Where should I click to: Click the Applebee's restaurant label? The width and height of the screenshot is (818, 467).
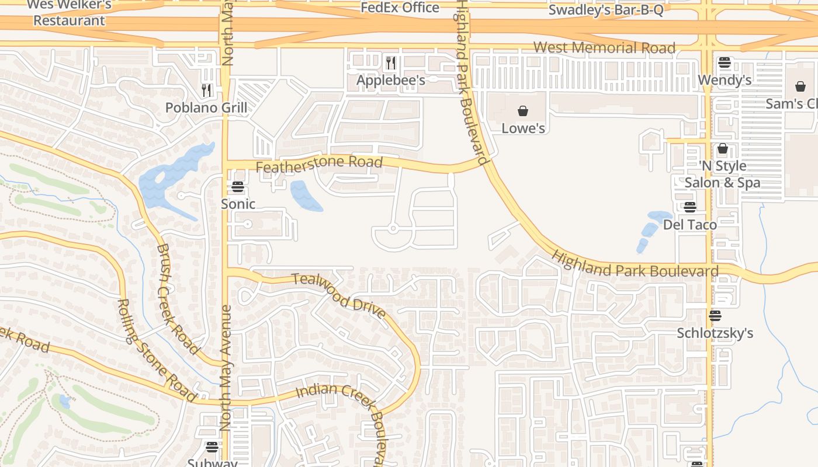point(390,80)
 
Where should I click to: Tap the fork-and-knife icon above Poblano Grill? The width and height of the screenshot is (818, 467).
point(206,90)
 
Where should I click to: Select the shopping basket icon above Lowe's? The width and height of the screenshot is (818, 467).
point(523,111)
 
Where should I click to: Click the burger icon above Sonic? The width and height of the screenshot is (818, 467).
point(237,187)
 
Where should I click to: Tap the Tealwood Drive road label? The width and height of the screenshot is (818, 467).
point(339,295)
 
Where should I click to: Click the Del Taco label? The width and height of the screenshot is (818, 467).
point(689,224)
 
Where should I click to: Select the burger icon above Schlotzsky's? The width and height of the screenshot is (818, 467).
point(715,316)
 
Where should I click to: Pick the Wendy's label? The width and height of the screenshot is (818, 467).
point(725,80)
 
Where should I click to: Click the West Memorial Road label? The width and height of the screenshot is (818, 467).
point(604,48)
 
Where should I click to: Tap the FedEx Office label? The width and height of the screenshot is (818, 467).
point(400,8)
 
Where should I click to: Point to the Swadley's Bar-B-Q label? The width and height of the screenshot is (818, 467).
point(606,10)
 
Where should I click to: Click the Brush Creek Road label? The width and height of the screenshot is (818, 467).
point(177,298)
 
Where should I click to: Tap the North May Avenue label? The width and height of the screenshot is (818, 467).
point(226,368)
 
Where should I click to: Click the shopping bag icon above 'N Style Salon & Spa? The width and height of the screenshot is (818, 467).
point(723,148)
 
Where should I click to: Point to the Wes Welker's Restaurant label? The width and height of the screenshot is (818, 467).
point(68,13)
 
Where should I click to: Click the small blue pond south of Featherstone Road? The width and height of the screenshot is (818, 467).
point(305,196)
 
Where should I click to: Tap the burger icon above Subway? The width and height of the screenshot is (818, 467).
point(212,447)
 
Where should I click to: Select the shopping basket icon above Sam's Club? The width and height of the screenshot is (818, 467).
point(800,86)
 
